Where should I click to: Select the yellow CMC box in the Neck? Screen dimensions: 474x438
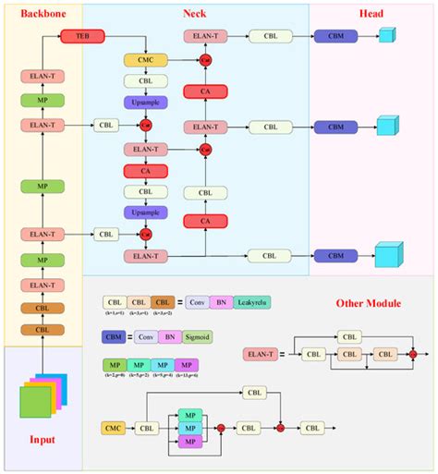[x=145, y=60]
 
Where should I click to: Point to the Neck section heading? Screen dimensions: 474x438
[x=195, y=14]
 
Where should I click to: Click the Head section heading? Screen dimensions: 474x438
[x=371, y=14]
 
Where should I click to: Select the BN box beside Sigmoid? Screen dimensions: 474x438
[x=169, y=338]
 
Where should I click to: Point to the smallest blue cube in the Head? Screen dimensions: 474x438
[x=386, y=37]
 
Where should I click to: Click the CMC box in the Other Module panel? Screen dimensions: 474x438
[x=115, y=429]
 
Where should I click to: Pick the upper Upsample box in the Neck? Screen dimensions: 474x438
[x=145, y=102]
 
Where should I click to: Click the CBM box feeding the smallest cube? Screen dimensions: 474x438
[x=329, y=37]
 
